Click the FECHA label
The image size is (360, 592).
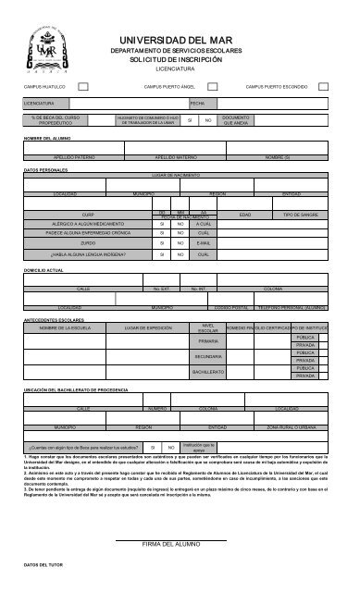pos(197,104)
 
